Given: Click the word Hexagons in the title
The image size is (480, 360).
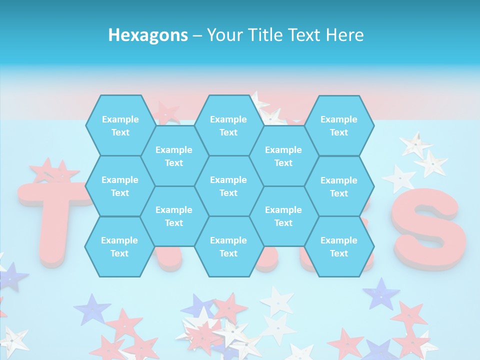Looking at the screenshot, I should pos(148,35).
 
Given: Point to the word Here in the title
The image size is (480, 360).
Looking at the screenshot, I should pos(344,35).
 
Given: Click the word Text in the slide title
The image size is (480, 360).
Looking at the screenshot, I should pos(305,35).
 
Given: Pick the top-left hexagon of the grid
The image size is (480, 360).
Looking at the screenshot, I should pos(120,125).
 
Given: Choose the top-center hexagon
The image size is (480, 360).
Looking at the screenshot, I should pos(228,125).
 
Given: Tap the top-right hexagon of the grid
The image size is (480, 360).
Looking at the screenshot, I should pos(339,125).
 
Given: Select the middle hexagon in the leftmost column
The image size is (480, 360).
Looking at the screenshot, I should pos(120,186).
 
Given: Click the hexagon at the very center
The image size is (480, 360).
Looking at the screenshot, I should pos(228,186).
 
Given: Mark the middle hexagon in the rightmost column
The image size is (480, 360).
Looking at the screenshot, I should pos(339,186).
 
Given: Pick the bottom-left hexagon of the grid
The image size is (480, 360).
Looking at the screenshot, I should pos(119,246).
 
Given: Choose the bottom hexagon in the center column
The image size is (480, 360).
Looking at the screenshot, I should pos(228,246).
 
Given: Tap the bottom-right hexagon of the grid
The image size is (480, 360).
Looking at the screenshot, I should pos(339,246).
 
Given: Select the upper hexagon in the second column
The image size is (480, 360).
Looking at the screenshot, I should pos(174,156).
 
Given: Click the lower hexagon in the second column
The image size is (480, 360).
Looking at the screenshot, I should pos(174,216).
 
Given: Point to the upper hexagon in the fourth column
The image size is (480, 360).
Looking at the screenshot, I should pos(283,156).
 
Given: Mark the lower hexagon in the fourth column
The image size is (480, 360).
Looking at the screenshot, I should pos(283,216).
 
